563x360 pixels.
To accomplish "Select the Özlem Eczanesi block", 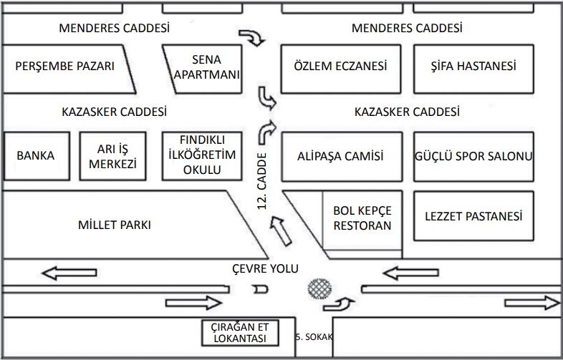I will tap(340, 67).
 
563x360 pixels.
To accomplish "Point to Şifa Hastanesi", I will tap(473, 67).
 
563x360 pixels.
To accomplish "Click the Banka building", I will tap(35, 155).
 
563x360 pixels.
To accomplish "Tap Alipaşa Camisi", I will tap(340, 155).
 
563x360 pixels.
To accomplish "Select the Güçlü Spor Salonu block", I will tap(473, 155).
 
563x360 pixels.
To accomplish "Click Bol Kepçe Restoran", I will tap(362, 218).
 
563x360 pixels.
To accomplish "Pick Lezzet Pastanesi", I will tap(473, 216).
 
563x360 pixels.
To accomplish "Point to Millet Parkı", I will tap(115, 225).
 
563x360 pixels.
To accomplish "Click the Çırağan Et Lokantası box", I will tap(239, 333).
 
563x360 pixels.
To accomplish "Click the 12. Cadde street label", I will tap(262, 185).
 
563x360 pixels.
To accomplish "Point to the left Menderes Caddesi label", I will tap(115, 29).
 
